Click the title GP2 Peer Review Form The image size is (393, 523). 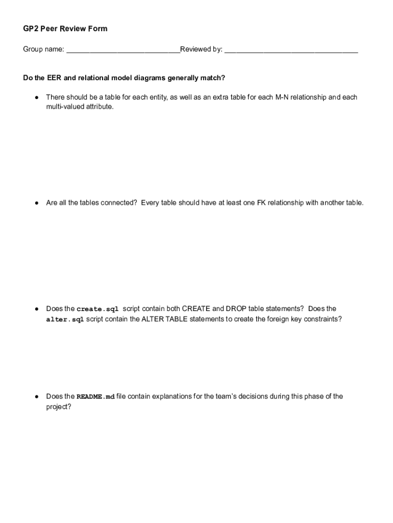(x=65, y=29)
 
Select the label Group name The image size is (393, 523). (x=43, y=50)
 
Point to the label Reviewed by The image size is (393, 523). (x=201, y=50)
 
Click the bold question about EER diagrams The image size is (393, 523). (x=124, y=78)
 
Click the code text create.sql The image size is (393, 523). (x=97, y=309)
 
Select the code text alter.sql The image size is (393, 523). (x=65, y=319)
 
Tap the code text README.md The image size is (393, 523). (x=95, y=397)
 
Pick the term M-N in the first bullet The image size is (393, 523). (x=283, y=97)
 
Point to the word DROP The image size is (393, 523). (x=236, y=308)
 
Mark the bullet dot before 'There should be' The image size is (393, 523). (x=37, y=97)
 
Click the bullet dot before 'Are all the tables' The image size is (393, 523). (x=37, y=203)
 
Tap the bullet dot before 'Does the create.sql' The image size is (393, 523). (x=37, y=309)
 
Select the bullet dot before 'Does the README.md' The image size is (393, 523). (x=37, y=397)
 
